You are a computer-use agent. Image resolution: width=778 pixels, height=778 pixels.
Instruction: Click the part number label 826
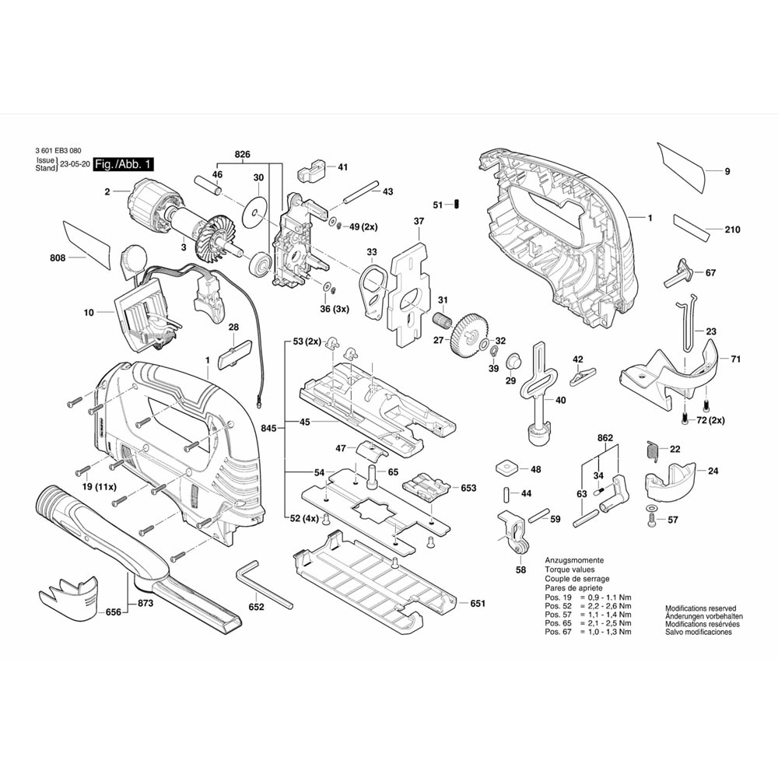coord(242,156)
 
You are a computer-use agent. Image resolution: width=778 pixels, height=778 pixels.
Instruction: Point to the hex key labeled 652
coord(265,585)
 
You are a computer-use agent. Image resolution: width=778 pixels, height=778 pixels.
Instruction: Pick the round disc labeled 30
coord(254,212)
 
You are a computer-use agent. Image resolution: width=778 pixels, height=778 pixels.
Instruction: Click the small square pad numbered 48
coord(506,468)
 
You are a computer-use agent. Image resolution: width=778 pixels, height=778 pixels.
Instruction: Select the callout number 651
coord(478,604)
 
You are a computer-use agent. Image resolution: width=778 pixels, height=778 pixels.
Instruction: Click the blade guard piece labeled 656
coord(68,594)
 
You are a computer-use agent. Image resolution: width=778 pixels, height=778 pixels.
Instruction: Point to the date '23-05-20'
coord(73,165)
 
